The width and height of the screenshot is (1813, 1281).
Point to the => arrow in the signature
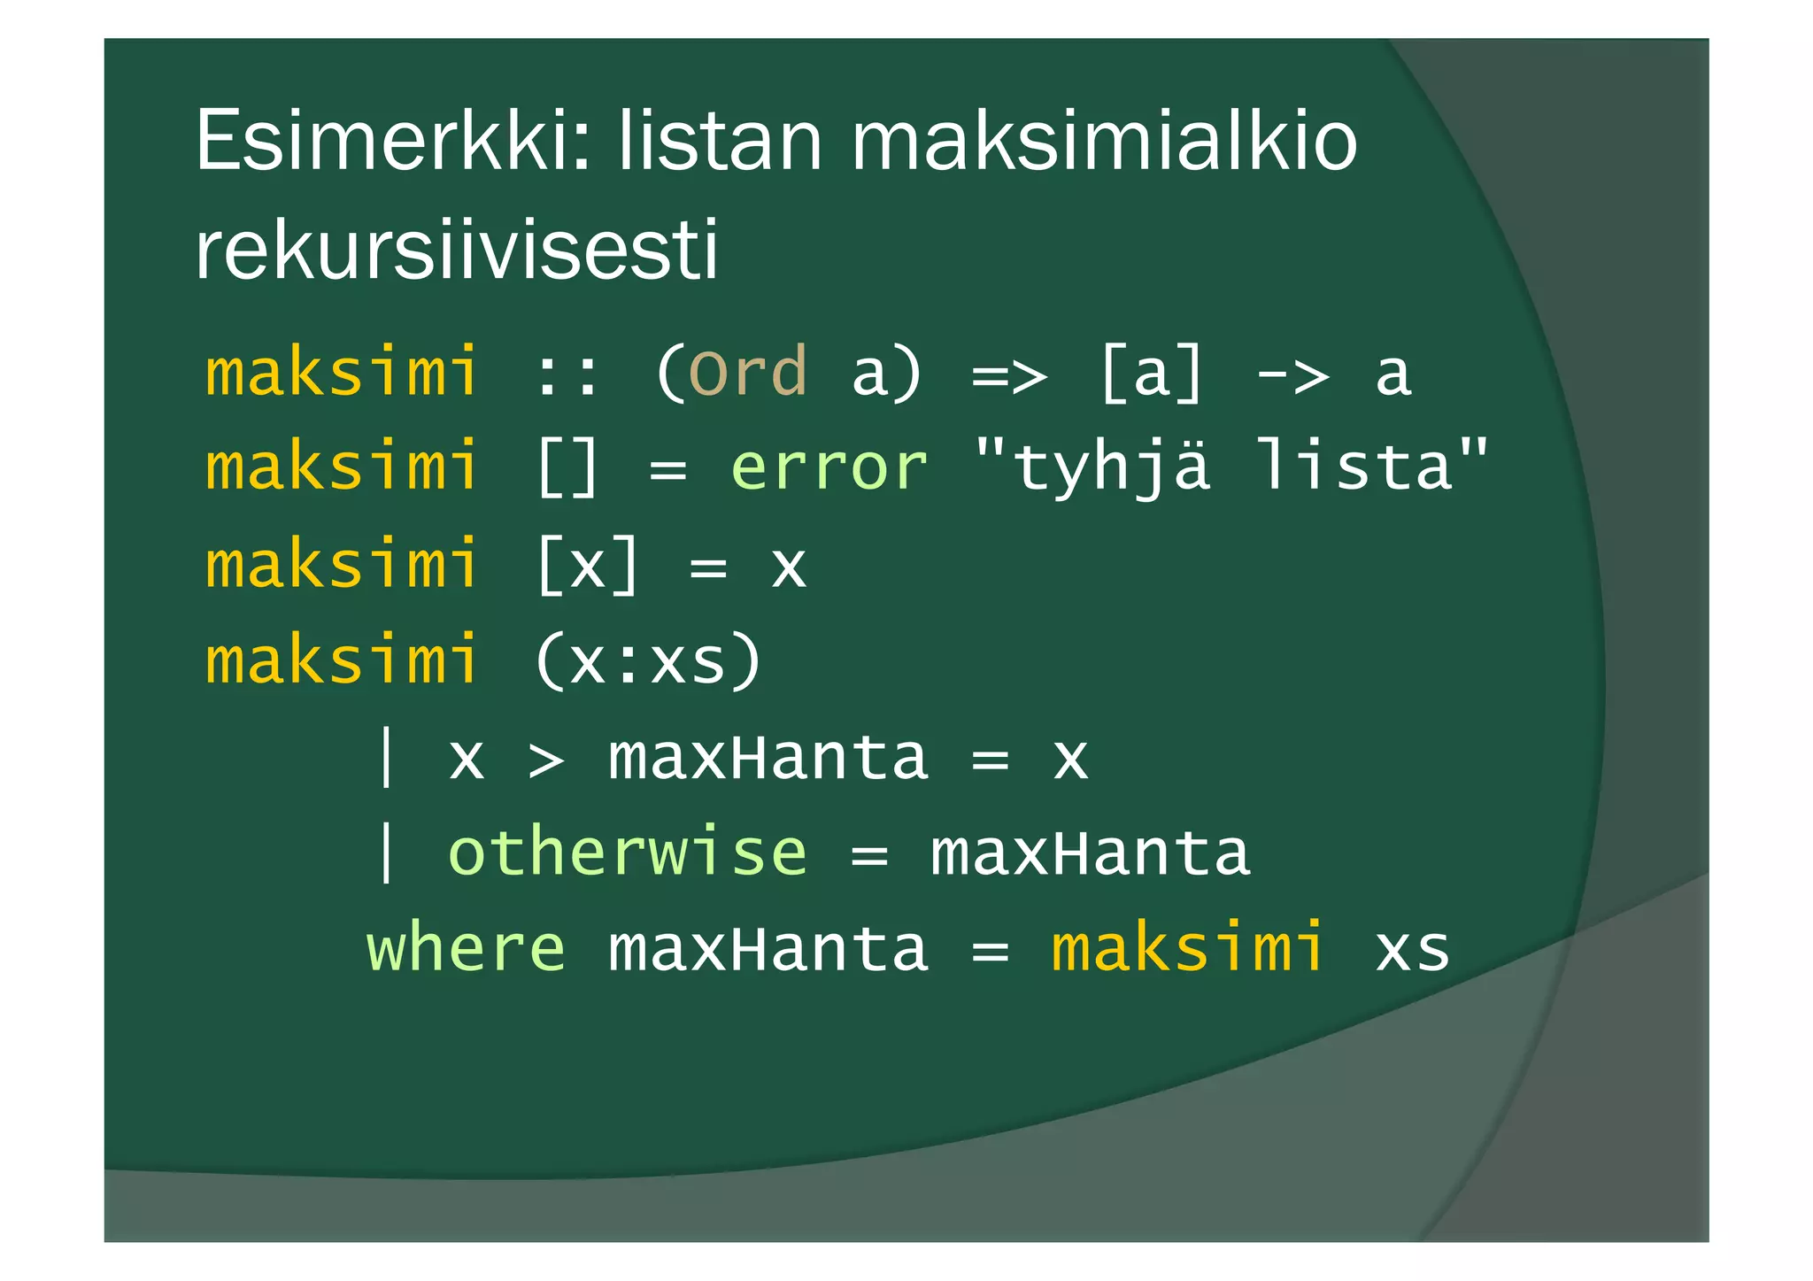point(1009,374)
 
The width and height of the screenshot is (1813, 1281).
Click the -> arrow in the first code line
point(1292,374)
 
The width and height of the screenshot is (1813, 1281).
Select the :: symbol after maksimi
point(567,374)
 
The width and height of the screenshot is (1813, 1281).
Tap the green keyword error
point(829,467)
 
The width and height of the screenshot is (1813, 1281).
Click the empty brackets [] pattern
point(567,467)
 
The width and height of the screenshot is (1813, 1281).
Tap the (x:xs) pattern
point(647,660)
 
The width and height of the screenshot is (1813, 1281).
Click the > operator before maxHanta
point(546,760)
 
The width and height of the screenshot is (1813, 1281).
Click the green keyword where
point(466,948)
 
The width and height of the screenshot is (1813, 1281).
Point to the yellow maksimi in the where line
point(1188,948)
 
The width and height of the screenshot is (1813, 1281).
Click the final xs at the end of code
point(1412,950)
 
